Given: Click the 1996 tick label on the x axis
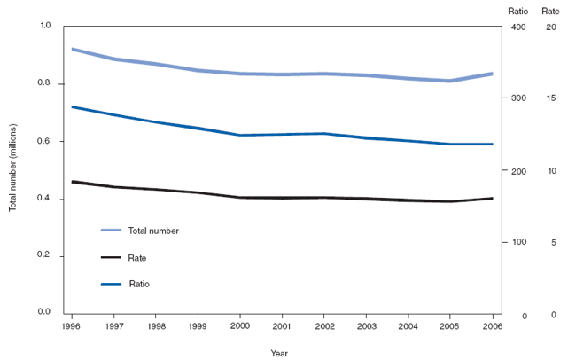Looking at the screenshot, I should pos(71,325).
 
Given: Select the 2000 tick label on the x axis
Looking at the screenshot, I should pos(239,325).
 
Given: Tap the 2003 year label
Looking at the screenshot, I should pos(366,325).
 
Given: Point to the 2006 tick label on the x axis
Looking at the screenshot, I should pos(492,325).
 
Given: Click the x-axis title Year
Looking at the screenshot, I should pos(279,353).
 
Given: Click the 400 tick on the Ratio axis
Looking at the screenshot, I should pos(517,29).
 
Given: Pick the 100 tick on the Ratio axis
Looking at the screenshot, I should pos(517,242).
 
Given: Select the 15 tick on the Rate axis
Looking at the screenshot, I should pos(551,98).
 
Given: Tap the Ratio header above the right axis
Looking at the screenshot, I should pos(518,10).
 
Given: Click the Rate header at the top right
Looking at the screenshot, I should pos(550,10).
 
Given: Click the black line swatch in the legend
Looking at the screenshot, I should pos(111,258).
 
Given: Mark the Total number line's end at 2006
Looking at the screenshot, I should pos(493,74).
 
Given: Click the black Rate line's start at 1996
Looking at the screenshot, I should pos(72,182).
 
